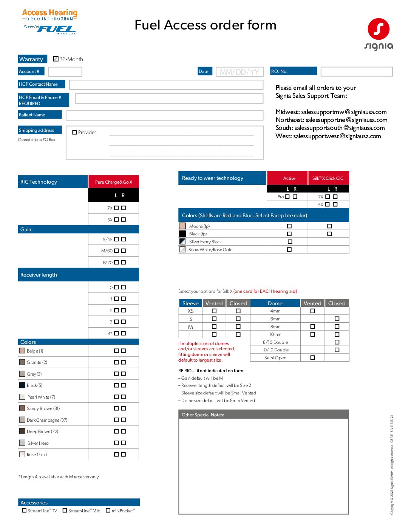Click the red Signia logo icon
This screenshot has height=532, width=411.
379,29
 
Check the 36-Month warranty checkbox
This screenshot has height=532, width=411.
56,59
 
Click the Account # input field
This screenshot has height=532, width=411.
65,71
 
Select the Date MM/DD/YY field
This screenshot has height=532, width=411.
239,72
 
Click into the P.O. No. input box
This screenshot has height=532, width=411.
356,71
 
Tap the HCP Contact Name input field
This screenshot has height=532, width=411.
166,85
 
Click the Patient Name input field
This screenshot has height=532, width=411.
164,115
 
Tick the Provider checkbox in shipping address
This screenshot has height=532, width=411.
74,132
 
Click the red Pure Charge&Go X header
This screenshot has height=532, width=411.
113,182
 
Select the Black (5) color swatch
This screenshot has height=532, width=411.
22,385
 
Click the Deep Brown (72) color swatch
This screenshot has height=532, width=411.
22,431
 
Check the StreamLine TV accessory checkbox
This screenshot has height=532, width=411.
24,510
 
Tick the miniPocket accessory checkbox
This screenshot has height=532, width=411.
108,510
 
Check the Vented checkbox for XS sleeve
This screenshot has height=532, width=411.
214,311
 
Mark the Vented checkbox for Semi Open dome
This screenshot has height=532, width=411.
312,357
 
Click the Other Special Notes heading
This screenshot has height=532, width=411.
203,415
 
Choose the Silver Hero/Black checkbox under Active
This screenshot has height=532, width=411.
290,241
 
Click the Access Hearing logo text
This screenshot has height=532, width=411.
49,13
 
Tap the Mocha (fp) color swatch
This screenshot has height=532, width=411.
182,226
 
